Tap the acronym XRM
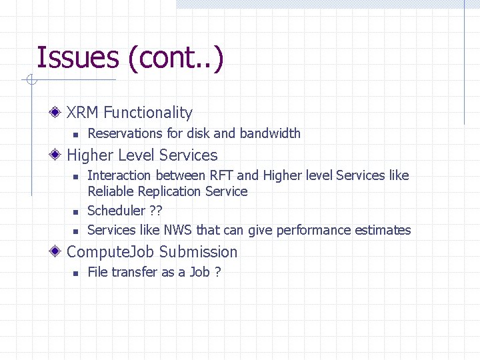pyautogui.click(x=83, y=113)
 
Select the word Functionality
pyautogui.click(x=147, y=113)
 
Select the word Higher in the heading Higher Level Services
pyautogui.click(x=90, y=155)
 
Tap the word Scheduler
pyautogui.click(x=115, y=211)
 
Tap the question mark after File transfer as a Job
pyautogui.click(x=217, y=272)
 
